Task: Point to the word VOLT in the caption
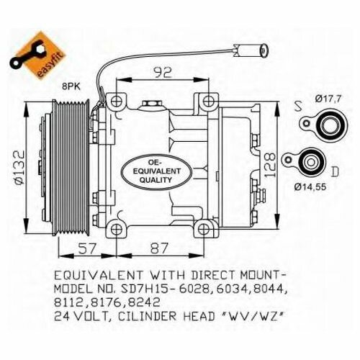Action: pos(93,316)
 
